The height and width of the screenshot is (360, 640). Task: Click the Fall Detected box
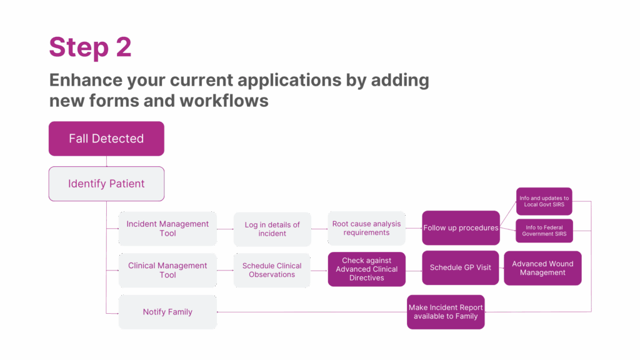(106, 138)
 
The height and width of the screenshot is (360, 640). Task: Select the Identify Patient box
(106, 184)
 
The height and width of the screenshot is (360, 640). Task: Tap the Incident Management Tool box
(167, 229)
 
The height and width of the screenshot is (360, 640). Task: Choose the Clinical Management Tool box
(167, 270)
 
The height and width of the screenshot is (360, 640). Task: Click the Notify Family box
(167, 312)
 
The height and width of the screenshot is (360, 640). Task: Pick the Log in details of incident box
(272, 229)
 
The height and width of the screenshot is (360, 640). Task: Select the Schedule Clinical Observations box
(272, 270)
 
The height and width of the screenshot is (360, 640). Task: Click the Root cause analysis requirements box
(366, 228)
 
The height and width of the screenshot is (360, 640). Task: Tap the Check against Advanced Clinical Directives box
(366, 269)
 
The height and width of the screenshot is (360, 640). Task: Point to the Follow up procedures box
(461, 227)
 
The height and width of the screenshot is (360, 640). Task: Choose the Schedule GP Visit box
(461, 267)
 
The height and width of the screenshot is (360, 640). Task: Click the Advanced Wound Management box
(542, 268)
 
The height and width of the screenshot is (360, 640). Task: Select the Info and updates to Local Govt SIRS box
(544, 201)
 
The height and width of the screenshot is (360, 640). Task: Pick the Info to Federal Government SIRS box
(544, 231)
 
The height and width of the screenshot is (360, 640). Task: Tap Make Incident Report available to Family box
(446, 312)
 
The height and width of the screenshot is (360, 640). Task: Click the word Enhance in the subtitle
(85, 81)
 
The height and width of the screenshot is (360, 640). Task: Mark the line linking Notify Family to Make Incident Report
(312, 311)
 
